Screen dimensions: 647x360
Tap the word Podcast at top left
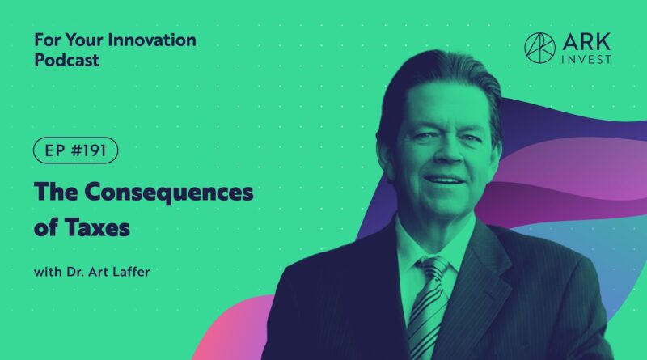[x=66, y=61]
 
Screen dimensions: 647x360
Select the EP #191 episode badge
[x=75, y=150]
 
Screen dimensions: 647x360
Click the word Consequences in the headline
[x=169, y=193]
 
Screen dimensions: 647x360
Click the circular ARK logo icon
[x=539, y=48]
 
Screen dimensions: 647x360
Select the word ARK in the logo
[x=586, y=42]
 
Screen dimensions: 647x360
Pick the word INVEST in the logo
[x=586, y=60]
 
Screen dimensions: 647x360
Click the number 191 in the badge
[x=95, y=150]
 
